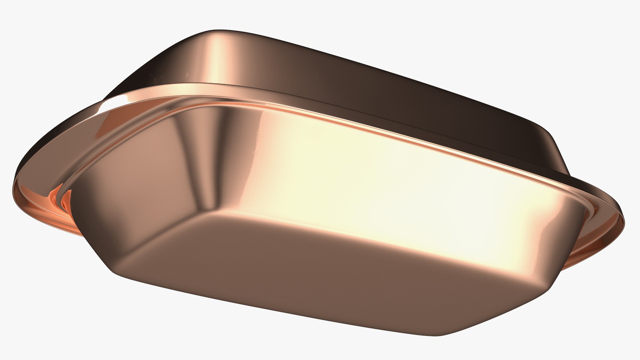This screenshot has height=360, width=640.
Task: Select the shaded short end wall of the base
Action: pyautogui.click(x=140, y=187)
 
